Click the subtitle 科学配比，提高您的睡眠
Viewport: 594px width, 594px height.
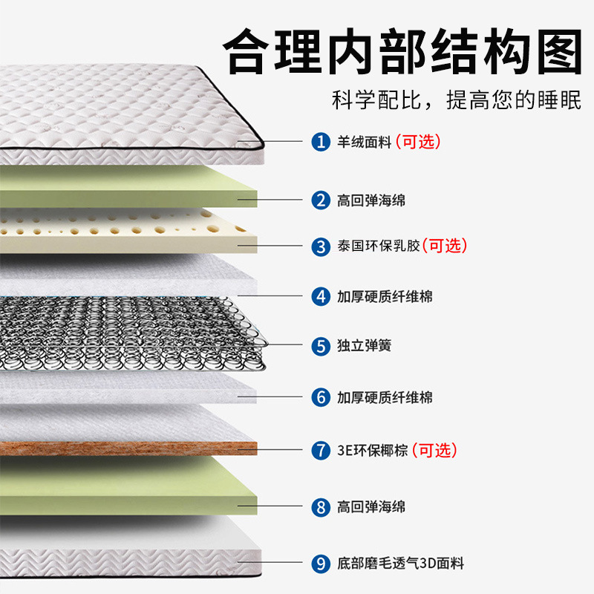[x=456, y=100]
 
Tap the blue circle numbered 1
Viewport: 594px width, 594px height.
[x=321, y=142]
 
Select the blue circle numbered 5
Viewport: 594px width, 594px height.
[x=321, y=346]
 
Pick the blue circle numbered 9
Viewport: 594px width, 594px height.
[x=321, y=564]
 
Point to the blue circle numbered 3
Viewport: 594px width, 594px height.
[x=321, y=246]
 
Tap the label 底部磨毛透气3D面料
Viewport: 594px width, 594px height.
[x=400, y=564]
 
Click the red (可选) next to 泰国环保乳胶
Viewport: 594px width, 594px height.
[x=445, y=246]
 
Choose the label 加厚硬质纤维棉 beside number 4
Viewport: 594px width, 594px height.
[x=384, y=296]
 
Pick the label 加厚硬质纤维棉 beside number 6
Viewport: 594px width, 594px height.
[x=384, y=397]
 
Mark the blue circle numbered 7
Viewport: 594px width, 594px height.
[x=321, y=450]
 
